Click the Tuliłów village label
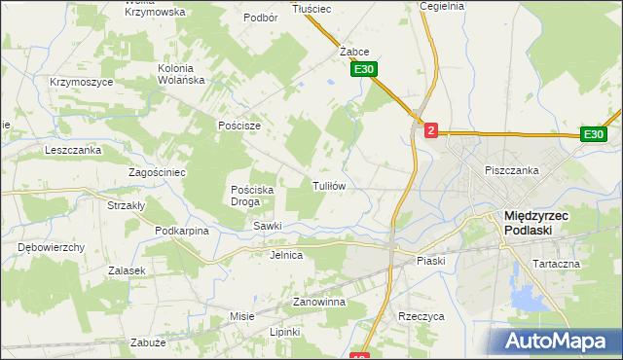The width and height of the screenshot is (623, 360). click(329, 185)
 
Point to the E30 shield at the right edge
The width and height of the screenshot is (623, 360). click(595, 134)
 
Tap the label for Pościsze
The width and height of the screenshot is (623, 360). click(239, 126)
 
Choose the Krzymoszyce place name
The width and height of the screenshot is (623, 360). click(82, 82)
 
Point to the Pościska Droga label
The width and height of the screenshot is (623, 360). click(251, 196)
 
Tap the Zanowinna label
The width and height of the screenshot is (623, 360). click(319, 303)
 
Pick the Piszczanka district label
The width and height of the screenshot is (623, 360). click(512, 170)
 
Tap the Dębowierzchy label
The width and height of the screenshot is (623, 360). click(52, 247)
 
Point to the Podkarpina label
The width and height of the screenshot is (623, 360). click(182, 231)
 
